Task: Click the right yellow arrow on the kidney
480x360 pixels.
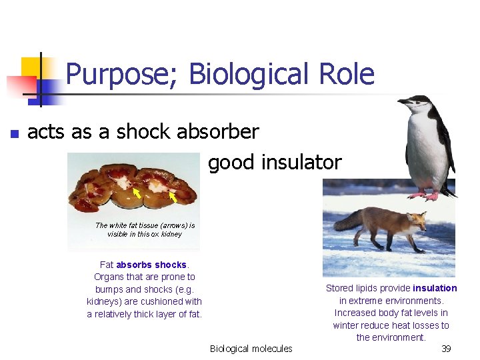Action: tap(171, 197)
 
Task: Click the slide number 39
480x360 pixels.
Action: tap(446, 349)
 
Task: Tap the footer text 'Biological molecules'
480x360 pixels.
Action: tap(251, 349)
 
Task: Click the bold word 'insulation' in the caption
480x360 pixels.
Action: tap(435, 288)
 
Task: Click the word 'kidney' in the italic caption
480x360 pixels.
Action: tap(171, 234)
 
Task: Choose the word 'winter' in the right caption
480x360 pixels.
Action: tap(347, 325)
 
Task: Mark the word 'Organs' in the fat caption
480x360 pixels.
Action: tap(109, 277)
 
